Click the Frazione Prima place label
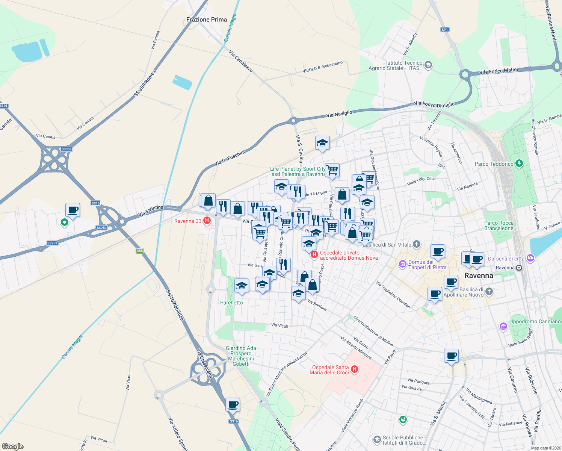(207, 20)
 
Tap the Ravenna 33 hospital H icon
(207, 221)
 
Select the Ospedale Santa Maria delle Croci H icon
(354, 370)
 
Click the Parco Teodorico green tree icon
(519, 163)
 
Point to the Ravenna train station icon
(519, 268)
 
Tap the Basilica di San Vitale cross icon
(416, 244)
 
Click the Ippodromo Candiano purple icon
(503, 326)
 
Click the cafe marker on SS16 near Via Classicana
(233, 405)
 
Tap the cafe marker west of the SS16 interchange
(73, 210)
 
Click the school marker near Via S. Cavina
(322, 143)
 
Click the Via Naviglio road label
(339, 114)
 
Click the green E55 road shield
(140, 251)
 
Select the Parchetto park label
(231, 303)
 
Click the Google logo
(13, 446)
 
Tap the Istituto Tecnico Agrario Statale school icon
(428, 65)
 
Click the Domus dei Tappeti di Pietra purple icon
(403, 264)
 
